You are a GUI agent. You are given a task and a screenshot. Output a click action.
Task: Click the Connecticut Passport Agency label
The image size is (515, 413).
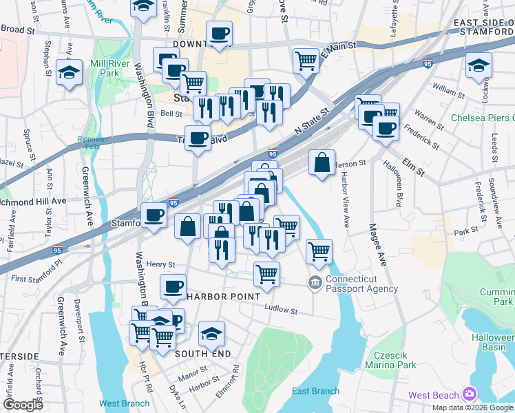(x=361, y=284)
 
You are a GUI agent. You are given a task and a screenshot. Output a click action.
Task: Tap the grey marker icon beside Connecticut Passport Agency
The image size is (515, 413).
(x=315, y=282)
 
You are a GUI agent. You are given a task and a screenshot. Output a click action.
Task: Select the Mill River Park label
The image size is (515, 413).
(x=99, y=67)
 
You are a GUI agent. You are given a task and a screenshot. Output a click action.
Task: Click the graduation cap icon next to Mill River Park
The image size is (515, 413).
(x=70, y=73)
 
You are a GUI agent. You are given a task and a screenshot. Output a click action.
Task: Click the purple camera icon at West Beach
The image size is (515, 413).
(x=470, y=394)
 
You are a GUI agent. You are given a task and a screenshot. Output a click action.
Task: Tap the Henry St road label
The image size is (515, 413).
(x=161, y=264)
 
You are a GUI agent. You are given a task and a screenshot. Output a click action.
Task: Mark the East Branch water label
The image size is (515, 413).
(x=315, y=391)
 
